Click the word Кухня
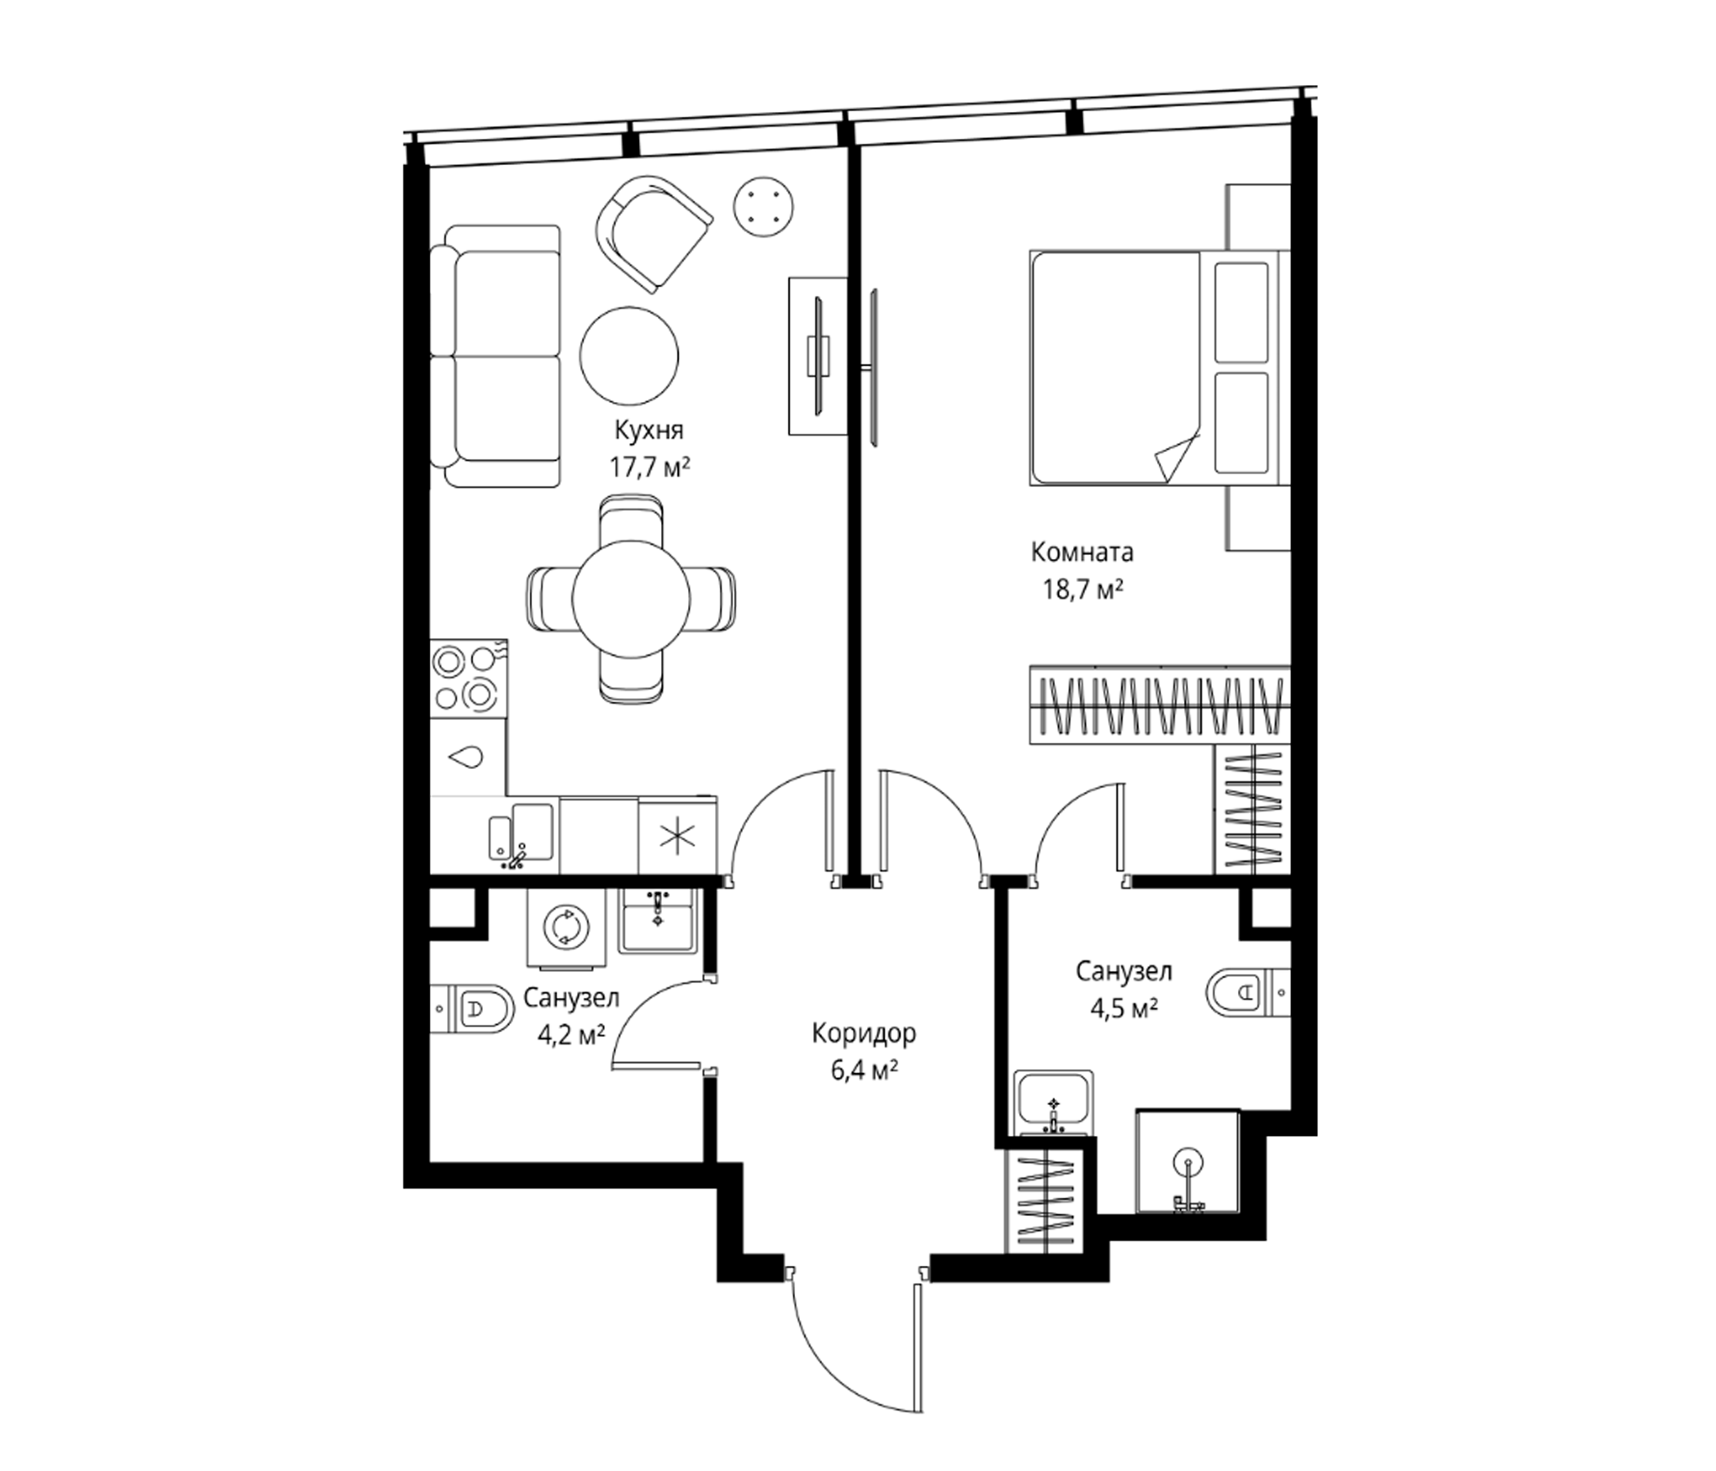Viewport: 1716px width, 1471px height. click(x=649, y=431)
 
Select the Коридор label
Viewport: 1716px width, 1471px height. click(x=864, y=1034)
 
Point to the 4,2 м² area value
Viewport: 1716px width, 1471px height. click(x=571, y=1035)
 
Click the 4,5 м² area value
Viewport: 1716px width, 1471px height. click(x=1123, y=1008)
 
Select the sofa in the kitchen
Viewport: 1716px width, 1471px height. click(x=495, y=356)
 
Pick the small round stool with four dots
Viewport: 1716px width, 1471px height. click(x=764, y=206)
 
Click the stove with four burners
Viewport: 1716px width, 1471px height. click(x=468, y=678)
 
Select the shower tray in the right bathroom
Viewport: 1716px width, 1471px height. click(x=1187, y=1162)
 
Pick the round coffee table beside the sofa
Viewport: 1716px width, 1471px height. click(x=628, y=357)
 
